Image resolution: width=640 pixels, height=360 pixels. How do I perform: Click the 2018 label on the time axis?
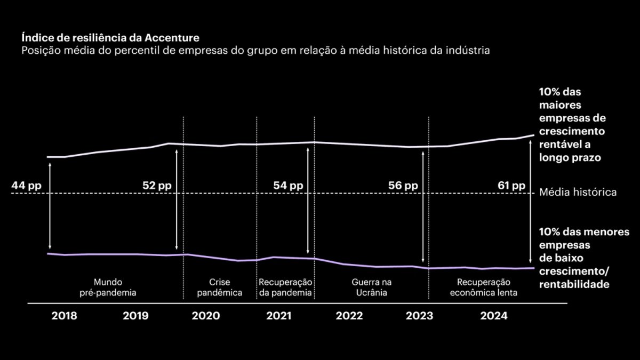(64, 316)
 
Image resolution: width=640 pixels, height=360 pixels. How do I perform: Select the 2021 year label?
(278, 316)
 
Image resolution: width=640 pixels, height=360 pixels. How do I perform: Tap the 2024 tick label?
(493, 316)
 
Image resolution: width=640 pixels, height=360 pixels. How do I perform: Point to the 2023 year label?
(420, 316)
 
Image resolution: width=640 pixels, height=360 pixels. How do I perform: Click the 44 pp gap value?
(26, 186)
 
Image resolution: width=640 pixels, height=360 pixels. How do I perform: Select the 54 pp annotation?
(288, 186)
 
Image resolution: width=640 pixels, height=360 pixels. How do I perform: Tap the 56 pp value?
(403, 186)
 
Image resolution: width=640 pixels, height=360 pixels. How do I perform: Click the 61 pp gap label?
(511, 186)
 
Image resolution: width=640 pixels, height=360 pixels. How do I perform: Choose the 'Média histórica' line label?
(578, 192)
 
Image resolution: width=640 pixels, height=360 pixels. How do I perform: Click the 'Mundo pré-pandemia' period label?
(108, 287)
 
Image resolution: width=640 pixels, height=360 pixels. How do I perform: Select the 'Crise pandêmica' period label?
(220, 287)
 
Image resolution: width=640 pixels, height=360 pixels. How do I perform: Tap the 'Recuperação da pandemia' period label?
(285, 287)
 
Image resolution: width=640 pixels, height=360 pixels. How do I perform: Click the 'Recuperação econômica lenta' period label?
(484, 287)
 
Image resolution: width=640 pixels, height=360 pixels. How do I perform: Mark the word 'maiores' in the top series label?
(560, 105)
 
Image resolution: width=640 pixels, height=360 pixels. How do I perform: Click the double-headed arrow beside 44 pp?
(49, 206)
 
